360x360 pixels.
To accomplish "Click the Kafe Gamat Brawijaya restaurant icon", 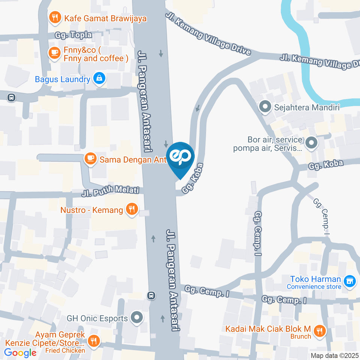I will pyautogui.click(x=55, y=17).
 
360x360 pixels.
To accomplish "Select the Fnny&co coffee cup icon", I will pyautogui.click(x=55, y=52).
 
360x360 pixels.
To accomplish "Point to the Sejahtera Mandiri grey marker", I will pyautogui.click(x=265, y=107).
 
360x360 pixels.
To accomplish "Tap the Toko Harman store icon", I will pyautogui.click(x=350, y=280).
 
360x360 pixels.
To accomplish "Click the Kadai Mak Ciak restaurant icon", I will pyautogui.click(x=320, y=330).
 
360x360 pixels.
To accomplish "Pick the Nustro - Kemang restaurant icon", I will pyautogui.click(x=132, y=209).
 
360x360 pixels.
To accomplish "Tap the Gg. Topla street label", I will pyautogui.click(x=73, y=35).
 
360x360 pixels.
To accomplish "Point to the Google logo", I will pyautogui.click(x=20, y=353).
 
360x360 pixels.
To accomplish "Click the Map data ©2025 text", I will pyautogui.click(x=334, y=355).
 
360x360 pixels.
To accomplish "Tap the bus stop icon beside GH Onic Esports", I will pyautogui.click(x=151, y=295).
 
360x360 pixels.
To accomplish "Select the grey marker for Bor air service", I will pyautogui.click(x=311, y=143).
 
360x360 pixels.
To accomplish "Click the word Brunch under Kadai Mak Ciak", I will pyautogui.click(x=301, y=336).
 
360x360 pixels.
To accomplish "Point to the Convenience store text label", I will pyautogui.click(x=314, y=287).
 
